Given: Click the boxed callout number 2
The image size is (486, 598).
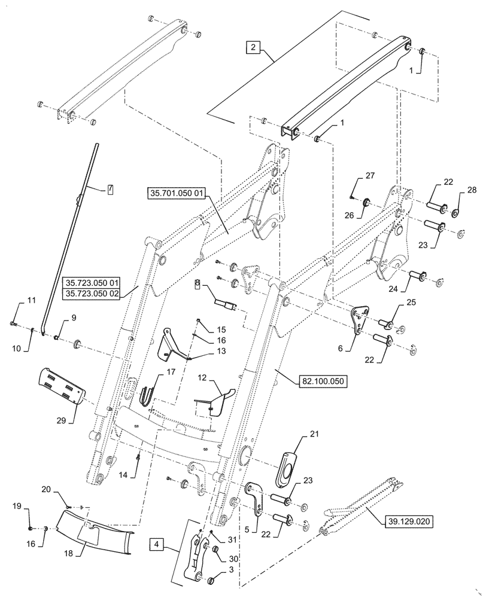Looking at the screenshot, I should point(253,48).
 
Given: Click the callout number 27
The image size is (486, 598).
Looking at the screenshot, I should point(369,176).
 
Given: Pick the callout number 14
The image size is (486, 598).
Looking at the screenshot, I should point(136,474).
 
